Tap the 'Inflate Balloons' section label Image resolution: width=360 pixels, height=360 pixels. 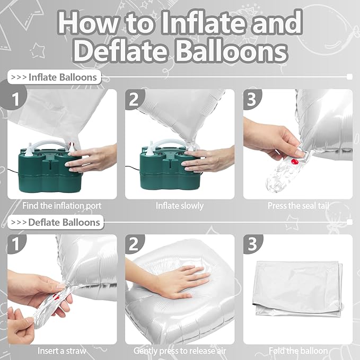point(55,77)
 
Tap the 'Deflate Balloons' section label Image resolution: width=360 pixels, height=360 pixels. point(56,222)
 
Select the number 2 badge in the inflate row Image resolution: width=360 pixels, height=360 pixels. point(135,99)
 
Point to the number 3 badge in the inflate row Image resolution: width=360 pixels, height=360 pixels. point(252,99)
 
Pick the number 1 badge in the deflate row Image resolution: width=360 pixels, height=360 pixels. point(16,244)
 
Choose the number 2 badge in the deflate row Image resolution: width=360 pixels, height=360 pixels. point(135,244)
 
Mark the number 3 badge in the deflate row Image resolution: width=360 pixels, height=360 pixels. point(252,244)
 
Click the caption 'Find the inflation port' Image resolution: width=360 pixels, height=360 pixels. point(62,206)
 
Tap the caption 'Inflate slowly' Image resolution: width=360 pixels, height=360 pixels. point(180,206)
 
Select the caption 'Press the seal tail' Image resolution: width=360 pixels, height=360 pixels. point(298,206)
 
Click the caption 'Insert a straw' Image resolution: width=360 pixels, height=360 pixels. point(62,351)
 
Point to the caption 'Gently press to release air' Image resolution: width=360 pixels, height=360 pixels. point(180,351)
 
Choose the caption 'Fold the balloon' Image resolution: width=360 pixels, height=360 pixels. point(298,351)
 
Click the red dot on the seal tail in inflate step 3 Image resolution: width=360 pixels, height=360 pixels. point(295,162)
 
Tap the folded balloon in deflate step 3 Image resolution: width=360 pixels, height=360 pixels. point(298,289)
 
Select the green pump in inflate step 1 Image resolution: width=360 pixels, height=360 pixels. point(49,169)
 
